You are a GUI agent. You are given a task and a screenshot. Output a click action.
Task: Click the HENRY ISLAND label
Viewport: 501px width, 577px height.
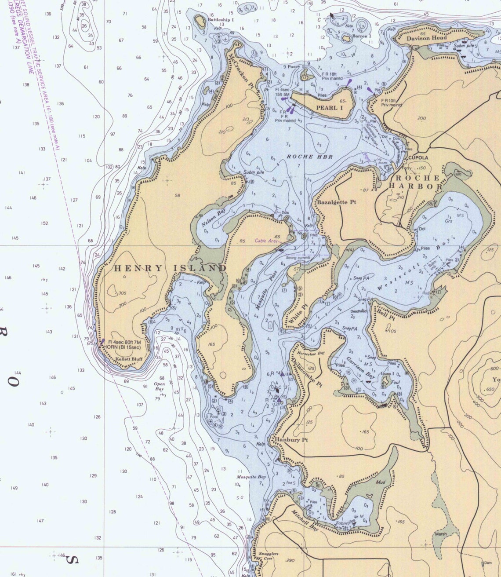(x=171, y=268)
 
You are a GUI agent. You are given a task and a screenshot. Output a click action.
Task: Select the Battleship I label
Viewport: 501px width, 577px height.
(x=221, y=20)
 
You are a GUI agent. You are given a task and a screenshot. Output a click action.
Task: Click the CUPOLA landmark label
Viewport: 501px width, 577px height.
(x=418, y=157)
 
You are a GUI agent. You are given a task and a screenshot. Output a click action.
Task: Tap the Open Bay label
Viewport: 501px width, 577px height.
(x=159, y=386)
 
